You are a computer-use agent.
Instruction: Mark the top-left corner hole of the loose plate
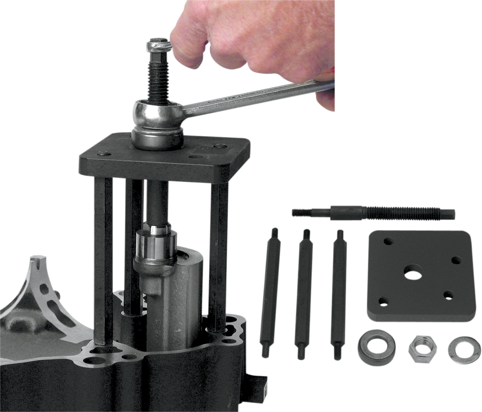point(387,242)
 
